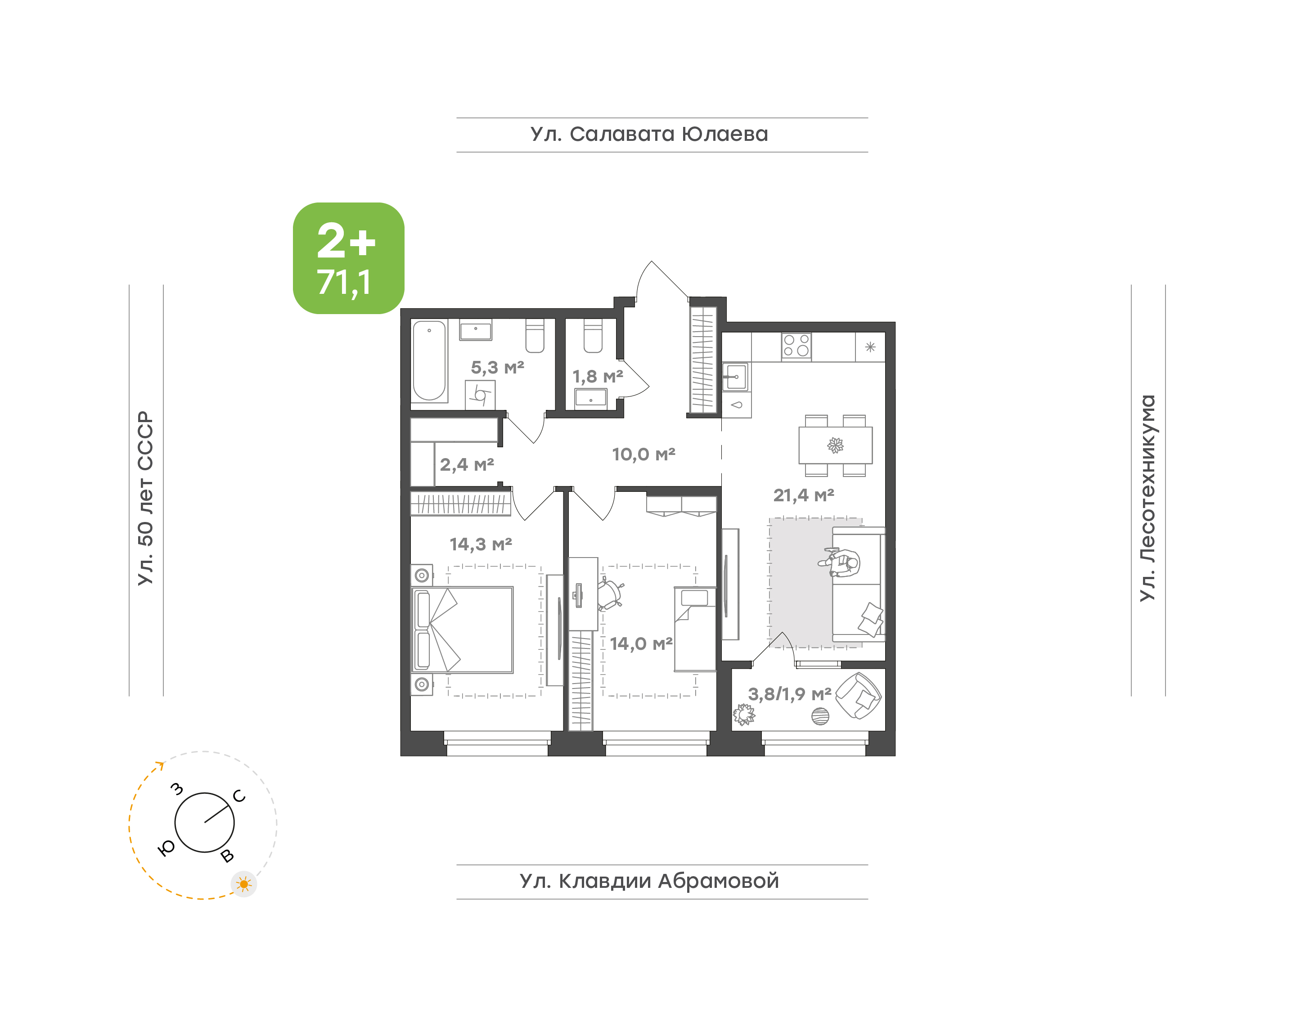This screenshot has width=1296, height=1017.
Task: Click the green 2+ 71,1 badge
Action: [x=348, y=258]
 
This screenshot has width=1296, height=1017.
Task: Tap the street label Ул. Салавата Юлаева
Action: [x=649, y=135]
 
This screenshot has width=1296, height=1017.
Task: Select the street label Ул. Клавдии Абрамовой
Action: [x=649, y=881]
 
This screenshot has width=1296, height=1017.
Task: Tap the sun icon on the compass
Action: [x=243, y=884]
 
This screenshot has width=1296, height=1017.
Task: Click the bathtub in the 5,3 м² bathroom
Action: [x=429, y=361]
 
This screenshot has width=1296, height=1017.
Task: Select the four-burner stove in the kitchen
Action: [x=796, y=346]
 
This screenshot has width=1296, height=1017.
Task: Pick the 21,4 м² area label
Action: [x=804, y=495]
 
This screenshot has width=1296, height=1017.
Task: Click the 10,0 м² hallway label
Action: [x=643, y=454]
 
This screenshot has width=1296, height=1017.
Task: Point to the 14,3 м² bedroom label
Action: [x=481, y=544]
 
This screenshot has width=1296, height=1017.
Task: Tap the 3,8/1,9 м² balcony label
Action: [x=789, y=694]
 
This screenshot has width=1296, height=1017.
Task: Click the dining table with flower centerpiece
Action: [x=835, y=445]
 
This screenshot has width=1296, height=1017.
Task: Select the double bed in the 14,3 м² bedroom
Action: [x=463, y=630]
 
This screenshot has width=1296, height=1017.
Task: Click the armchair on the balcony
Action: [x=859, y=695]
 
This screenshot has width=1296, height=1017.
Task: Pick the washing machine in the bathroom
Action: [x=480, y=395]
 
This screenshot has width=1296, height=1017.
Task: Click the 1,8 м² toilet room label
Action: [x=598, y=376]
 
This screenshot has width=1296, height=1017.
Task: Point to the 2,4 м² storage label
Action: [x=467, y=464]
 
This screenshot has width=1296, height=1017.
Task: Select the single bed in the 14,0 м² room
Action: [x=695, y=629]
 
